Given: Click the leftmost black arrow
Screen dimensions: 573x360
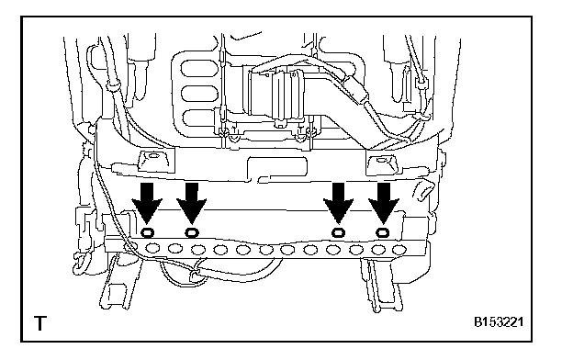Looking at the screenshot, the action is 147,203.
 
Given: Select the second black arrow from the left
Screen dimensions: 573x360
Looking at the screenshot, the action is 192,203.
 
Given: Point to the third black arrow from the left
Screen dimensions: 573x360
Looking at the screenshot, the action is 339,203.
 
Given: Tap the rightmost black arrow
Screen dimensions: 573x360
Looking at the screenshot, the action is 383,203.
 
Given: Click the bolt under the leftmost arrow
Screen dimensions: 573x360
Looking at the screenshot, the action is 147,232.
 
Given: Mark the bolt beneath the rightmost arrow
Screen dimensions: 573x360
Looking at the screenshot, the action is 383,232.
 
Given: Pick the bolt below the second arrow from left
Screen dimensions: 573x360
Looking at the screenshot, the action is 192,232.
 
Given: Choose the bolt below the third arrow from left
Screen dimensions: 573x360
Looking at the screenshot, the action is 339,232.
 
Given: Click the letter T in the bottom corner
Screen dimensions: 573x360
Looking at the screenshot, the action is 40,323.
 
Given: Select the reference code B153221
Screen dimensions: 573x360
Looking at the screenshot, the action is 499,322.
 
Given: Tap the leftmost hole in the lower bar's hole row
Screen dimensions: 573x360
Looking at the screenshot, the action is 152,249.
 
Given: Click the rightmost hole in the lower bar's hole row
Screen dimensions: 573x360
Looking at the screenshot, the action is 399,250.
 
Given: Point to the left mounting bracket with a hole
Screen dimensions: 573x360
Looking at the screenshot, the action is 155,161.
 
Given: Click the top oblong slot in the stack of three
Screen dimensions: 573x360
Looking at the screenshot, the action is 199,68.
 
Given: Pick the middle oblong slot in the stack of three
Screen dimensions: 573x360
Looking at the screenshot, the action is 199,94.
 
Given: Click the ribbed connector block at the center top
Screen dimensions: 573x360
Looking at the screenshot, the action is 283,96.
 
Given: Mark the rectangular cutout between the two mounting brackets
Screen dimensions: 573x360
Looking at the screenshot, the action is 277,168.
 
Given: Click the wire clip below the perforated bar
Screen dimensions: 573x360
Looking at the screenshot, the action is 195,276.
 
